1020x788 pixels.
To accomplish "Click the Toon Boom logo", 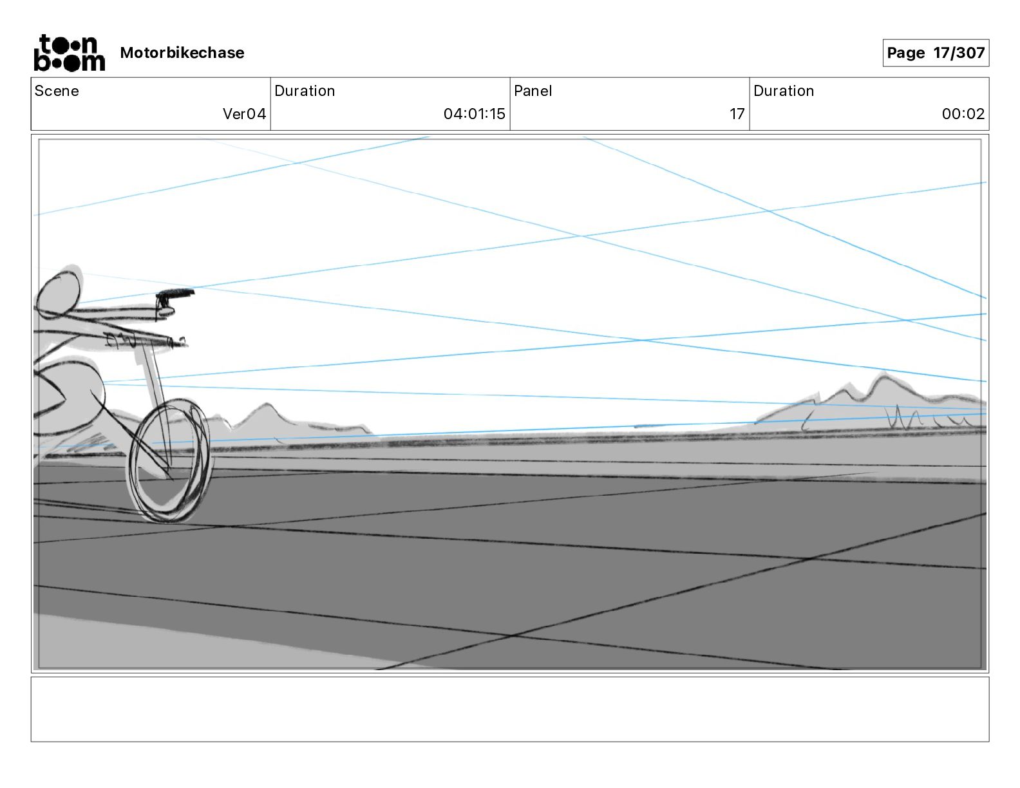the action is coord(69,53).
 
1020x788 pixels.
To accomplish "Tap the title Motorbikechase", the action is coord(182,53).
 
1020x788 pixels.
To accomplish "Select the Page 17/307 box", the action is coord(935,53).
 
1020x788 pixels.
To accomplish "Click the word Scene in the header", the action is coord(57,91).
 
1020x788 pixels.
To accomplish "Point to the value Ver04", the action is coord(244,114).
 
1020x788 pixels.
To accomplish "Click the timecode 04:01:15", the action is coord(474,114).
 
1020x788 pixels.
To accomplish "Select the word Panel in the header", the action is coord(533,91).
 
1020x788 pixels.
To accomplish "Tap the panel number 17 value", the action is coord(737,114).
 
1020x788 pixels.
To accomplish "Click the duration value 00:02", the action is coord(963,114).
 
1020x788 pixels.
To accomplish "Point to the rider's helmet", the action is coord(60,293).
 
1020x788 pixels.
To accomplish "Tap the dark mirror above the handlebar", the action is coord(175,295).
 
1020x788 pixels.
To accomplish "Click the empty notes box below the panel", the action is coord(509,709).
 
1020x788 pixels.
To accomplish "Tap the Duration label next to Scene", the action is coord(305,91).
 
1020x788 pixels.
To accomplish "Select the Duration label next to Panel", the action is coord(784,91).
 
